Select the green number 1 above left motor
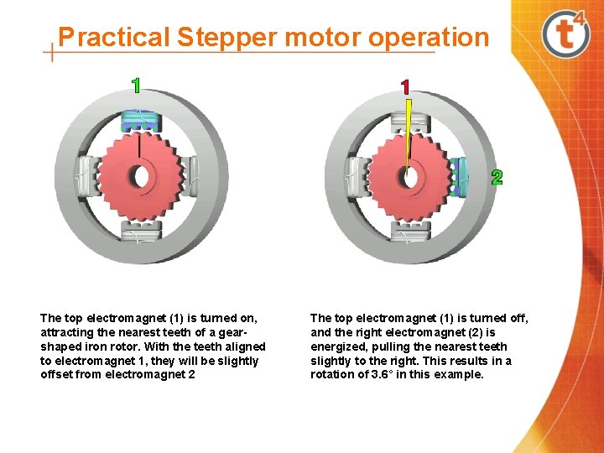pyautogui.click(x=136, y=85)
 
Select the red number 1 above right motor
pyautogui.click(x=406, y=86)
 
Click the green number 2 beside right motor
pyautogui.click(x=497, y=177)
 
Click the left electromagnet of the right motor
pyautogui.click(x=356, y=176)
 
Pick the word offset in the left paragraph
pyautogui.click(x=55, y=375)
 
